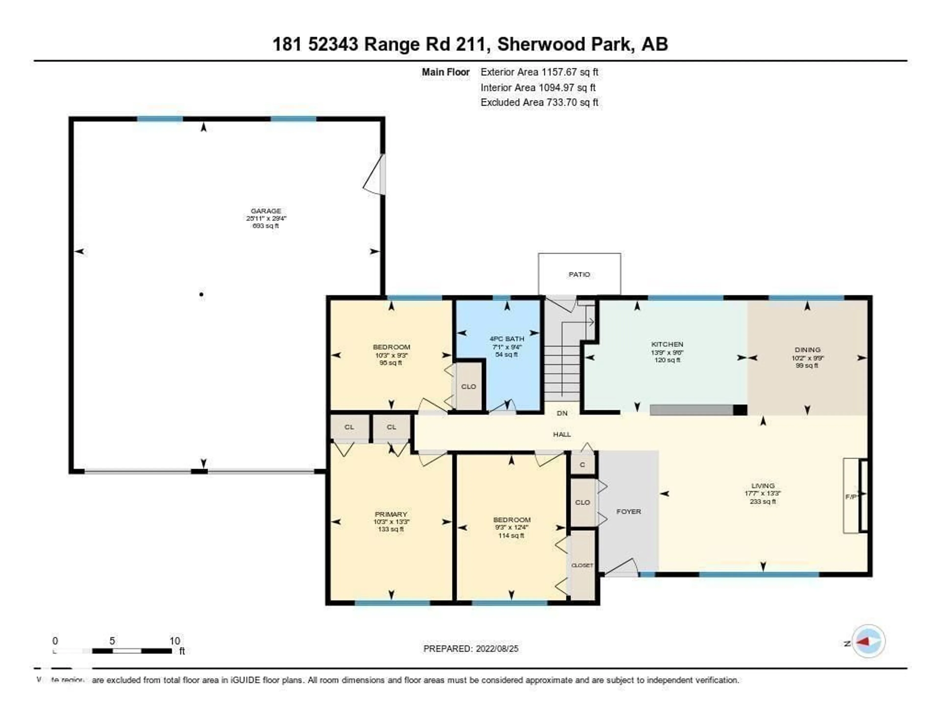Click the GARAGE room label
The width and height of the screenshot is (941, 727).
point(266,211)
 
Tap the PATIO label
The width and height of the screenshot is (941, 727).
point(579,275)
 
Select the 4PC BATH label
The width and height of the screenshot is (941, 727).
point(507,339)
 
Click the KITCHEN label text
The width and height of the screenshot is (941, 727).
point(667,344)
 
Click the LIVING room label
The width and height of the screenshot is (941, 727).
point(763,486)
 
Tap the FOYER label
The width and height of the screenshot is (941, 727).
point(629,512)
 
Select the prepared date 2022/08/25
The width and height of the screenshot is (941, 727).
point(497,649)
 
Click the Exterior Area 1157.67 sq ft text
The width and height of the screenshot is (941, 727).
point(539,72)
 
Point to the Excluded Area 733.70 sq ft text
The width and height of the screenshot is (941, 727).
point(539,102)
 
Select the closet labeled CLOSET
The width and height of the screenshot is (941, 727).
point(582,565)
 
